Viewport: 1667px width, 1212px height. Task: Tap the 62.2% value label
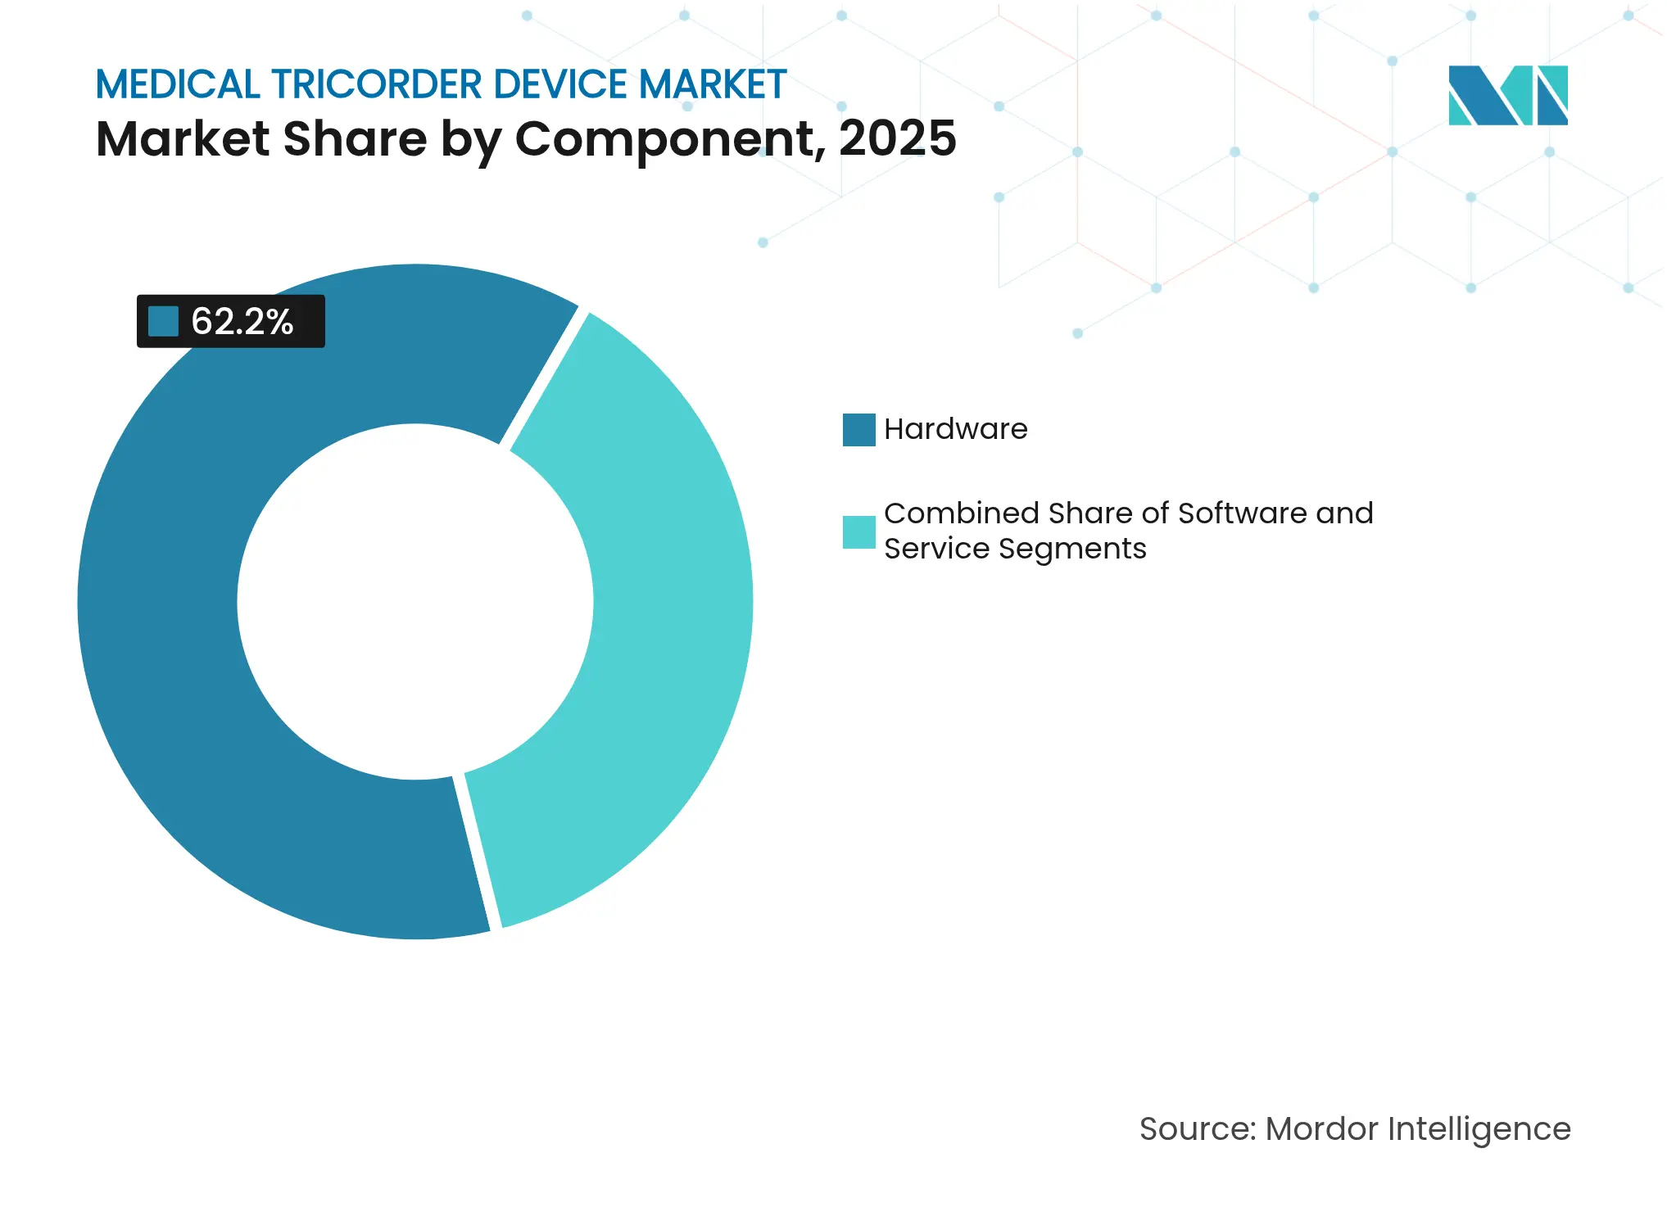coord(242,321)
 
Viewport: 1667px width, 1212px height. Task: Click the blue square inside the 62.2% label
coord(163,321)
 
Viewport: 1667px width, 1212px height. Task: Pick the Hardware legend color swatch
coord(858,430)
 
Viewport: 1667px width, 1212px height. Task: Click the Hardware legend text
coord(955,429)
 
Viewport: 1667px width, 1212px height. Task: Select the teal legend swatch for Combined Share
coord(858,531)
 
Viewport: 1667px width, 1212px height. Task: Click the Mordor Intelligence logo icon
coord(1507,95)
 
